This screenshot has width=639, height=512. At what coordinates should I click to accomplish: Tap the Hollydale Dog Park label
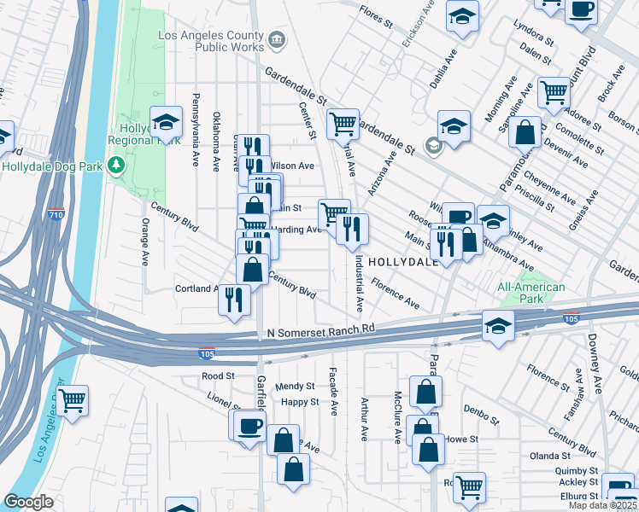52,164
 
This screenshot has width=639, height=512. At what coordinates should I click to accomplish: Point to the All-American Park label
531,294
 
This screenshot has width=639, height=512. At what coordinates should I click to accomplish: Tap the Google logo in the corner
29,501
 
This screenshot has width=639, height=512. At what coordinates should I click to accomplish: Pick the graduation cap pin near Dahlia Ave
462,17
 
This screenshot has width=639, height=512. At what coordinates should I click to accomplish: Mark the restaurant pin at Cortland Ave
233,300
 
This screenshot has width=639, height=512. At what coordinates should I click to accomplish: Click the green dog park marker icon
116,164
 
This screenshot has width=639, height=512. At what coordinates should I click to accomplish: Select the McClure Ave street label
397,417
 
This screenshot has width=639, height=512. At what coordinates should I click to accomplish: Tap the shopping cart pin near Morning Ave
554,91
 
